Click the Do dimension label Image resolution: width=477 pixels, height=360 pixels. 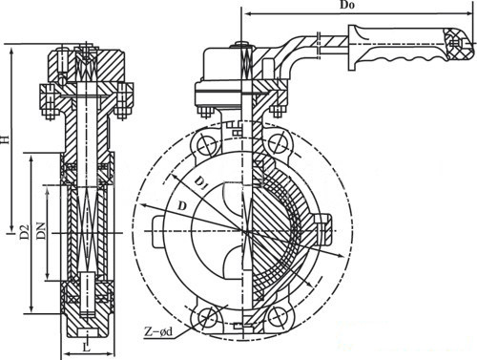click(347, 5)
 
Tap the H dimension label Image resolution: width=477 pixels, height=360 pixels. click(5, 139)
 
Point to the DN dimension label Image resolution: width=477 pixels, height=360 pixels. click(41, 231)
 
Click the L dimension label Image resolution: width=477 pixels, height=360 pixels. click(87, 347)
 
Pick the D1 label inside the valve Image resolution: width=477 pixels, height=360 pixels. click(200, 184)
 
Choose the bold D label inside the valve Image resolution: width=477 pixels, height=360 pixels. click(181, 206)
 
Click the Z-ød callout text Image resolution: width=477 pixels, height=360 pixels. click(158, 332)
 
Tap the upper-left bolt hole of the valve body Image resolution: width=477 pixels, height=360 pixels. click(207, 145)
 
